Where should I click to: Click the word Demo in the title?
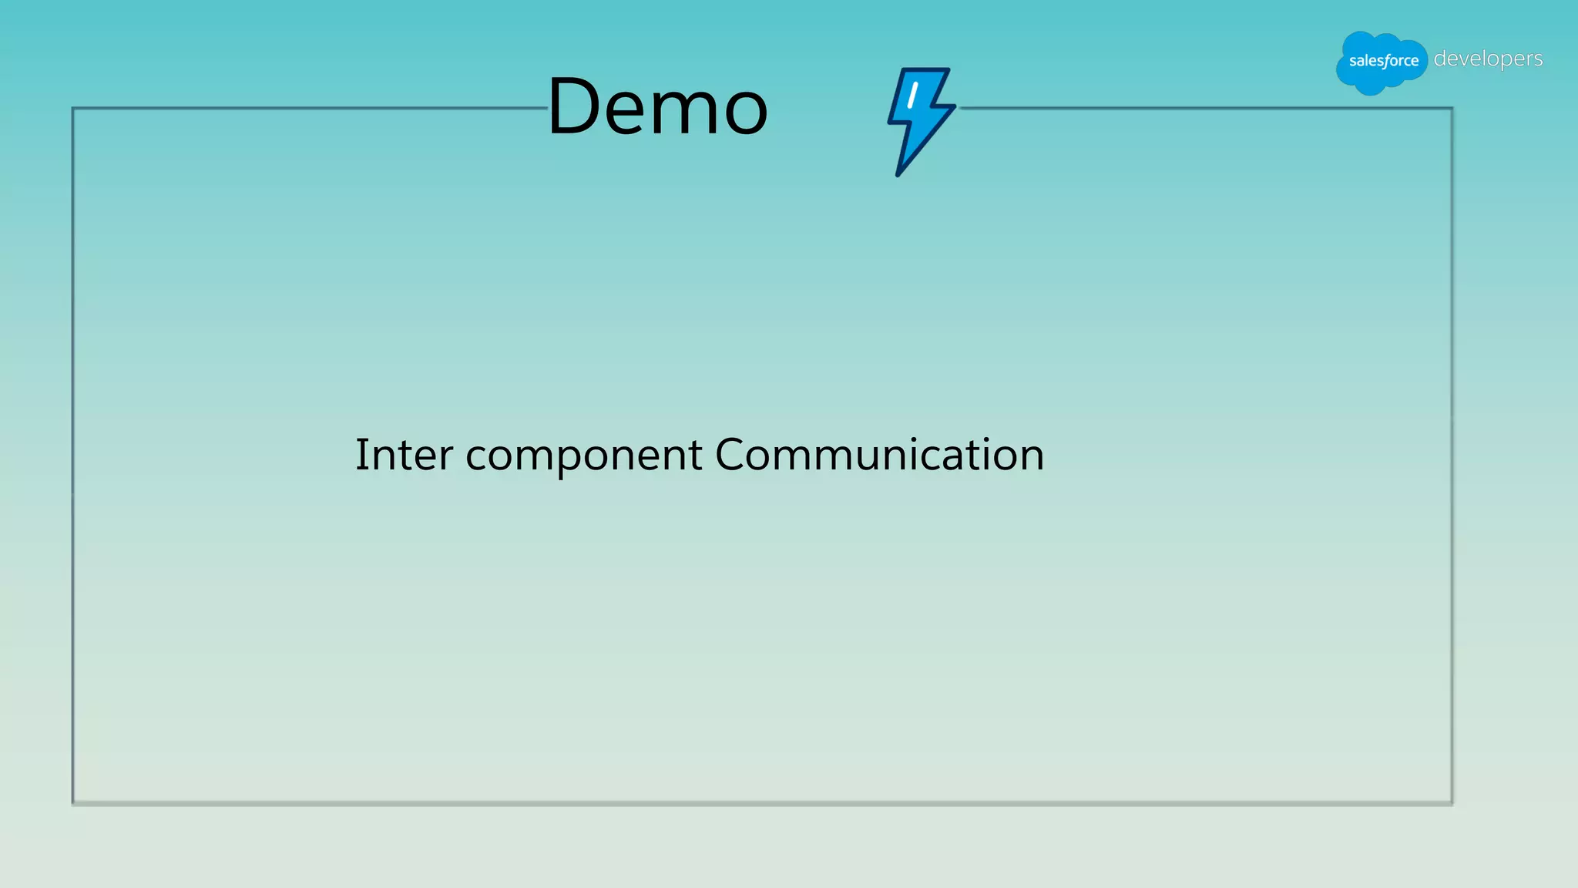tap(657, 106)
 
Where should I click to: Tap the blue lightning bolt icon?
tap(921, 119)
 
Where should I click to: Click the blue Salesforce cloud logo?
tap(1382, 62)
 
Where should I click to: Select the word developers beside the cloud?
tap(1488, 59)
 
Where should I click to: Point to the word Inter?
tap(404, 454)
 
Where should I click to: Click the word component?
tap(583, 456)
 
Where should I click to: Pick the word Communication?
tap(879, 454)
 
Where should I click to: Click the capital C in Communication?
tap(731, 454)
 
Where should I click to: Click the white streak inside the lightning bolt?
tap(913, 96)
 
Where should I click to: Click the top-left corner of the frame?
tap(73, 109)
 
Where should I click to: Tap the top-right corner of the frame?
tap(1452, 109)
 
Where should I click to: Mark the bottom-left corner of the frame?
tap(73, 803)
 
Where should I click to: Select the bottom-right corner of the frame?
tap(1452, 803)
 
